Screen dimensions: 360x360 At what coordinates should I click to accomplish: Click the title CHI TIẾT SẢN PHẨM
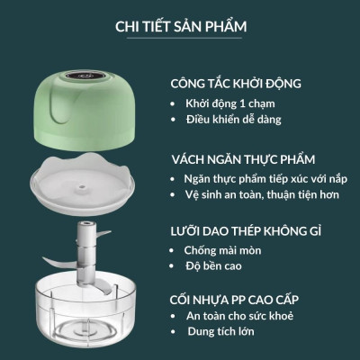[179, 24]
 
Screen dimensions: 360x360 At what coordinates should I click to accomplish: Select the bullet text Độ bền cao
[215, 268]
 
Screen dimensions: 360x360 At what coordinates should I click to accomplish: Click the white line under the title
[179, 39]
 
